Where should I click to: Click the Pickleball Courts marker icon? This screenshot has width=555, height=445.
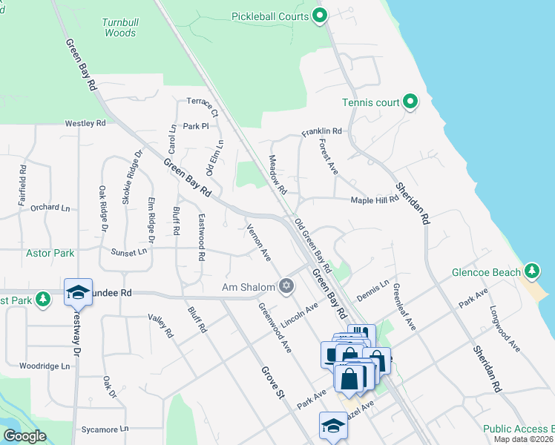[320, 15]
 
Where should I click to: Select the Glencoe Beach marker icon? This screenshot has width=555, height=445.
[532, 271]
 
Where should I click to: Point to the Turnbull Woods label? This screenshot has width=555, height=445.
[119, 27]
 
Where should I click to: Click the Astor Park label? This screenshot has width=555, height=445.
[50, 253]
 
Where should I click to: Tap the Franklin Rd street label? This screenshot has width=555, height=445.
[321, 132]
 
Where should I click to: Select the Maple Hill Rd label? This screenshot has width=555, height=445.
[375, 200]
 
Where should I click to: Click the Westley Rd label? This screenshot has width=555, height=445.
[85, 123]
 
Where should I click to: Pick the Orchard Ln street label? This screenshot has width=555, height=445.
[50, 208]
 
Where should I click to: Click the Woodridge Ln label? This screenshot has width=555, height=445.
[45, 366]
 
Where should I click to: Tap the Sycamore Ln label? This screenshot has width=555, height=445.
[105, 429]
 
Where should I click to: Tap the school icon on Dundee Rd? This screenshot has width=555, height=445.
[77, 292]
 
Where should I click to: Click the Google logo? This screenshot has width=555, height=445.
[24, 437]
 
